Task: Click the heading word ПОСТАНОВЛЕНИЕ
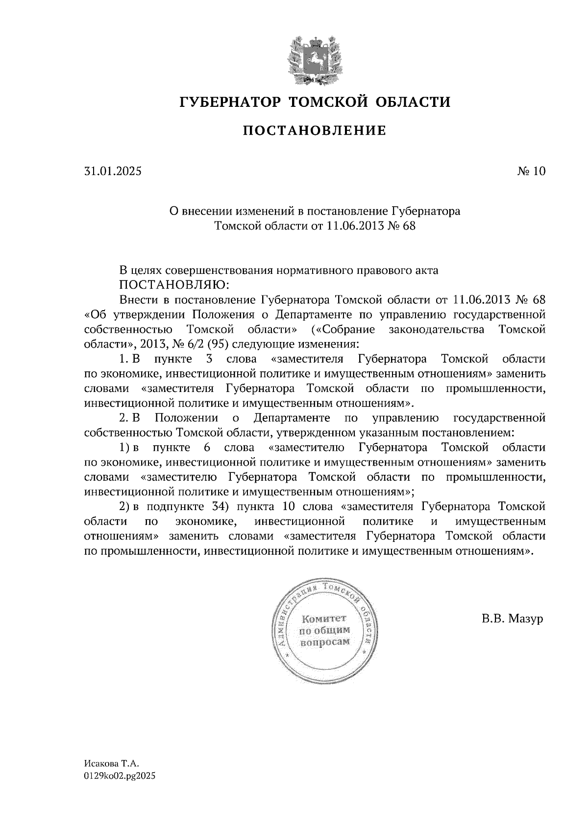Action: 315,131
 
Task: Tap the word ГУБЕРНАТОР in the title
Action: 230,102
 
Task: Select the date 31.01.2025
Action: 112,171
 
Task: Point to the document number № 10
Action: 531,171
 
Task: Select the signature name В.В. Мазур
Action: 512,619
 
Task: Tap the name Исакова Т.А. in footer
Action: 112,763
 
